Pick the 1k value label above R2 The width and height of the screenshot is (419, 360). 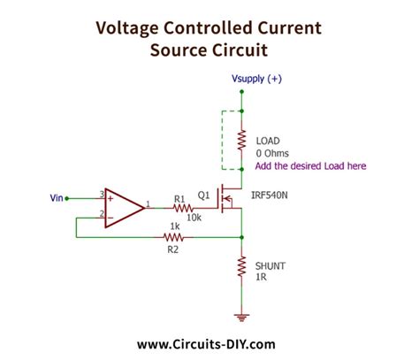tap(174, 227)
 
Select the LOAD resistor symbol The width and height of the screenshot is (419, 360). tap(241, 140)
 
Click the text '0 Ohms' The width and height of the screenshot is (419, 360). tap(270, 153)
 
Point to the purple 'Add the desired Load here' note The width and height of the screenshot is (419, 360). tap(309, 166)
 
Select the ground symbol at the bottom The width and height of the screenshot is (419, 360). tap(241, 314)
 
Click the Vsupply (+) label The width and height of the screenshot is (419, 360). tap(256, 79)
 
